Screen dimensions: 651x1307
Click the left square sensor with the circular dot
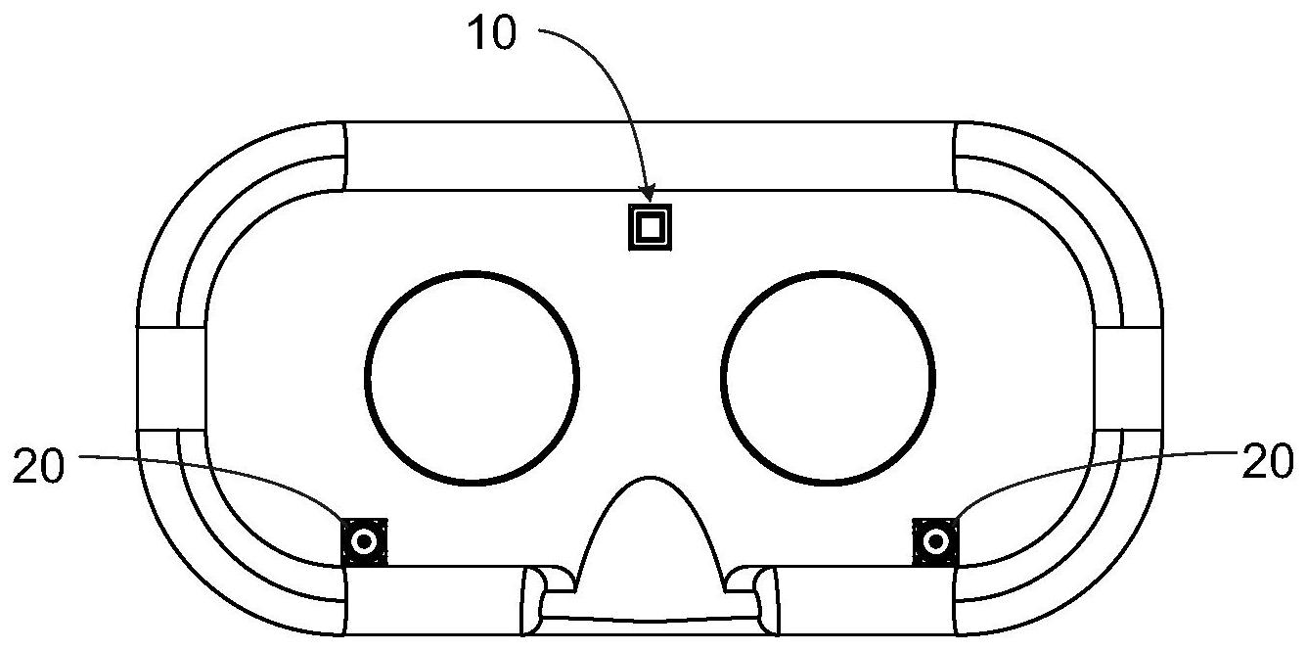click(365, 541)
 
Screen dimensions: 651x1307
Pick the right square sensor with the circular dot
click(935, 541)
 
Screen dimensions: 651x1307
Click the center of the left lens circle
click(472, 377)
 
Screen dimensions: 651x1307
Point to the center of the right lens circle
click(829, 377)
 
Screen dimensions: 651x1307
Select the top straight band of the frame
click(650, 155)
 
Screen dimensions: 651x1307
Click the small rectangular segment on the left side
click(171, 377)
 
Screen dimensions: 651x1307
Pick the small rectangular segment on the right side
click(1128, 377)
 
